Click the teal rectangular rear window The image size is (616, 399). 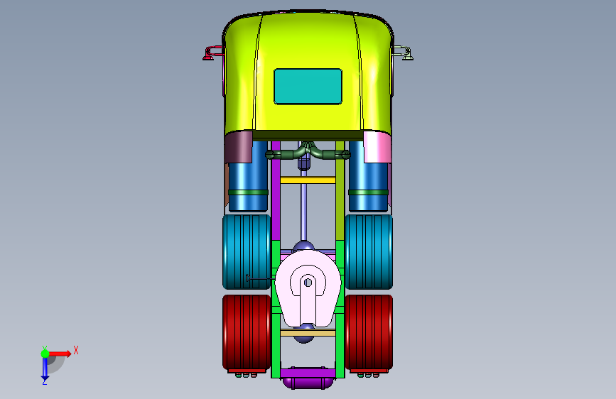(308, 87)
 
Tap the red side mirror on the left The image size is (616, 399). (212, 53)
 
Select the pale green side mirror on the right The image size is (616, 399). (403, 53)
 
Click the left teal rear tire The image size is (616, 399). (247, 252)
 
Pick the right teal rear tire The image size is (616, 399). (369, 252)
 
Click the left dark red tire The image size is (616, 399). (247, 332)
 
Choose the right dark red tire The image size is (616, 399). (369, 332)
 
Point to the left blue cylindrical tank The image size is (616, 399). (248, 176)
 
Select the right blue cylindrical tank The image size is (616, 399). (368, 176)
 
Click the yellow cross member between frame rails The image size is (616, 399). (308, 180)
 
